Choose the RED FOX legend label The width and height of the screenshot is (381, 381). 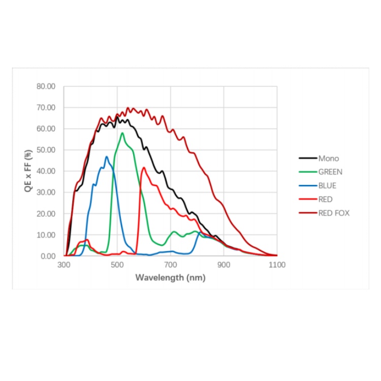[x=334, y=213]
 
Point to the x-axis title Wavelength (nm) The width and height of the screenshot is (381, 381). [x=170, y=278]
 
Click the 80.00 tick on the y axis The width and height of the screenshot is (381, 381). [x=46, y=86]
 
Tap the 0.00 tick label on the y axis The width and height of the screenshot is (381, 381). [x=48, y=256]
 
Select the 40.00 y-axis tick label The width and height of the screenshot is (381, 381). [x=46, y=171]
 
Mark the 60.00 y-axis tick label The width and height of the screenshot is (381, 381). [x=46, y=129]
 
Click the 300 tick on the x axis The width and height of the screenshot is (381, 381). [x=64, y=265]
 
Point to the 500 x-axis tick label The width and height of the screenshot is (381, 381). [x=117, y=265]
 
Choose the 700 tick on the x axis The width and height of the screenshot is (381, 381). [x=171, y=265]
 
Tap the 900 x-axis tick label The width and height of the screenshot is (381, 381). [x=224, y=265]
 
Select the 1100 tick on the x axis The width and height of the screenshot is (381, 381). [x=277, y=265]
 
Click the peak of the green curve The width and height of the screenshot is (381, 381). [x=122, y=133]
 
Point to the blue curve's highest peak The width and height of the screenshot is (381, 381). [x=107, y=156]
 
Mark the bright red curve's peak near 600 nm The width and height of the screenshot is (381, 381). [x=144, y=168]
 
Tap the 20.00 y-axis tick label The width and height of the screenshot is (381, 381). [x=46, y=213]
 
